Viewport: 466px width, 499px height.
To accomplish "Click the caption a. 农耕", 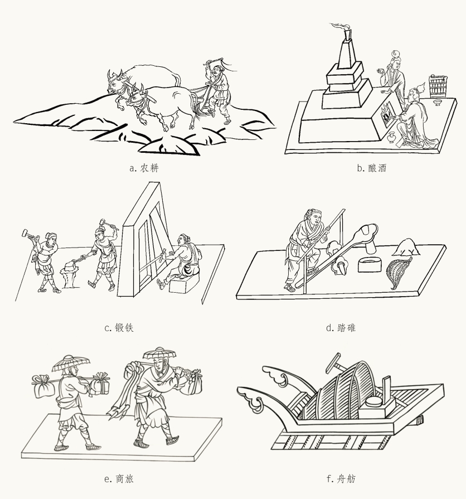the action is point(144,168).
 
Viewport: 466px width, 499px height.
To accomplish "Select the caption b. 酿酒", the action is point(372,168).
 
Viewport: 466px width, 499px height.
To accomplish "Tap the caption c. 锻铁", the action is point(119,328).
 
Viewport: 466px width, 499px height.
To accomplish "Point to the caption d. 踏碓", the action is point(341,328).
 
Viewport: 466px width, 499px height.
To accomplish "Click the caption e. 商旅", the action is point(119,478).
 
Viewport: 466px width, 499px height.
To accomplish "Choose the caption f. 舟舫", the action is point(341,478).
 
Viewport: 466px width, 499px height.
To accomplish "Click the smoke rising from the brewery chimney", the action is point(339,27).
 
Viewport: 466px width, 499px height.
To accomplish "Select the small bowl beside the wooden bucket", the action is point(438,103).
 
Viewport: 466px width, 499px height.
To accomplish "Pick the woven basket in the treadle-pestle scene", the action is point(397,272).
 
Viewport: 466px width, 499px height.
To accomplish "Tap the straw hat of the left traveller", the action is point(71,363).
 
